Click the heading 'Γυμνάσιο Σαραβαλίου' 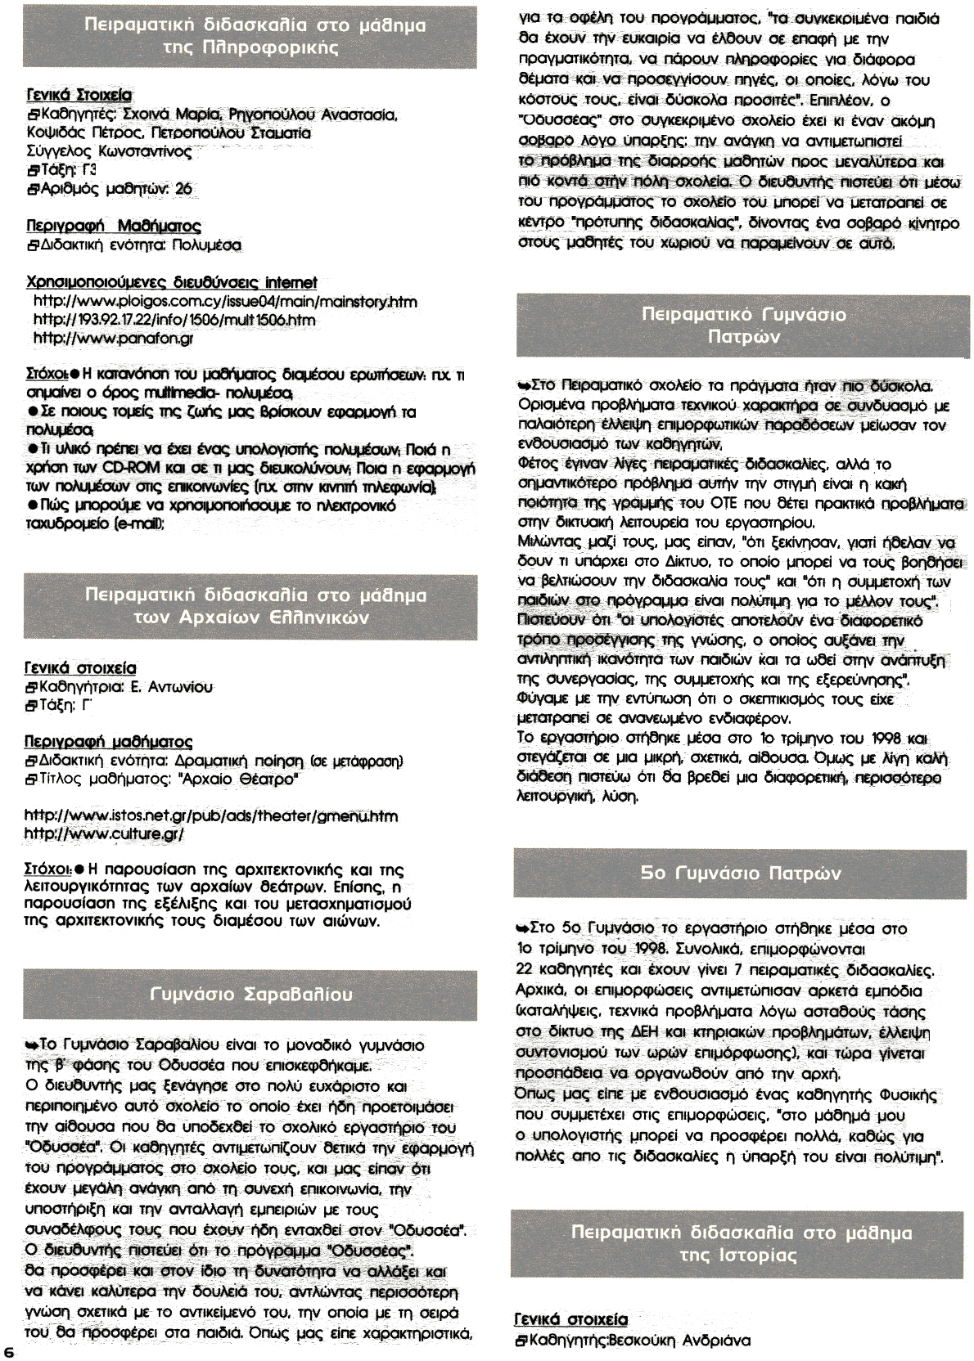click(251, 994)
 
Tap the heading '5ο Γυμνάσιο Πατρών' click(741, 873)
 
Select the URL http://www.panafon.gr click(113, 337)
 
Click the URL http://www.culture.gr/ click(105, 833)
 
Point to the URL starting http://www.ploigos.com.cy click(225, 302)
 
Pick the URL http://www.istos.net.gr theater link click(211, 815)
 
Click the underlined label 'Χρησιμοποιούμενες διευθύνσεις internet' click(172, 283)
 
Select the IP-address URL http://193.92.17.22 click(174, 320)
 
